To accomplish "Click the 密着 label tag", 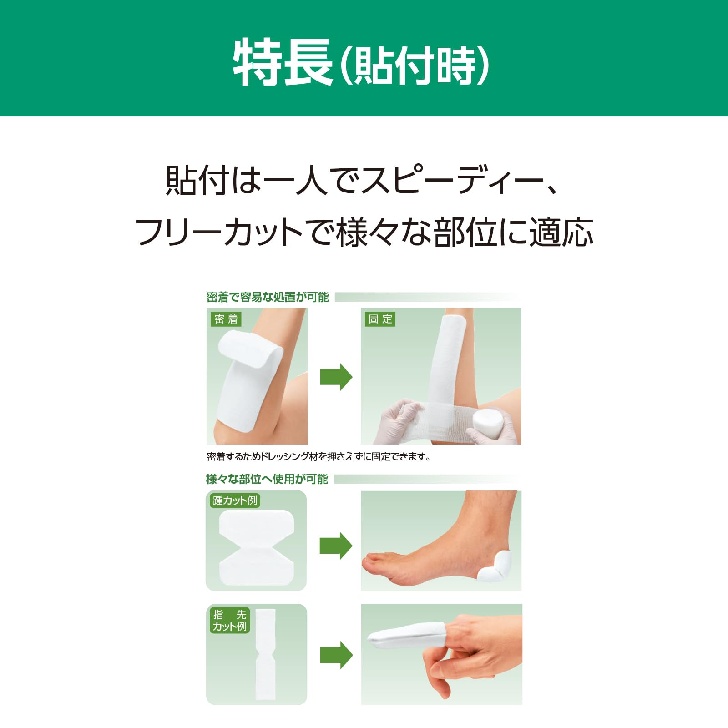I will coord(226,319).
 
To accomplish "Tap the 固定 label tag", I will coord(380,319).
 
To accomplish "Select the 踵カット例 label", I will coord(235,500).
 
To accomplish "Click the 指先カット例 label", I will coord(230,621).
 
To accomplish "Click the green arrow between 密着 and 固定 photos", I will coord(336,377).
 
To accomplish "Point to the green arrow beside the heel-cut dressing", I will coord(336,546).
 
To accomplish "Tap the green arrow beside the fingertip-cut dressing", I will coord(336,655).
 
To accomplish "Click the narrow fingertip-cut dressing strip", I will coord(265,654).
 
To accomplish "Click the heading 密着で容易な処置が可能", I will coord(268,298).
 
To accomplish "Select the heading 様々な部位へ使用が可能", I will coord(267,479).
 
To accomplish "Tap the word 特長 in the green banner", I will coord(282,62).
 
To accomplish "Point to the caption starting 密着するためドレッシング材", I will coord(318,456).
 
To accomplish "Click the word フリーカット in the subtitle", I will coord(218,232).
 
